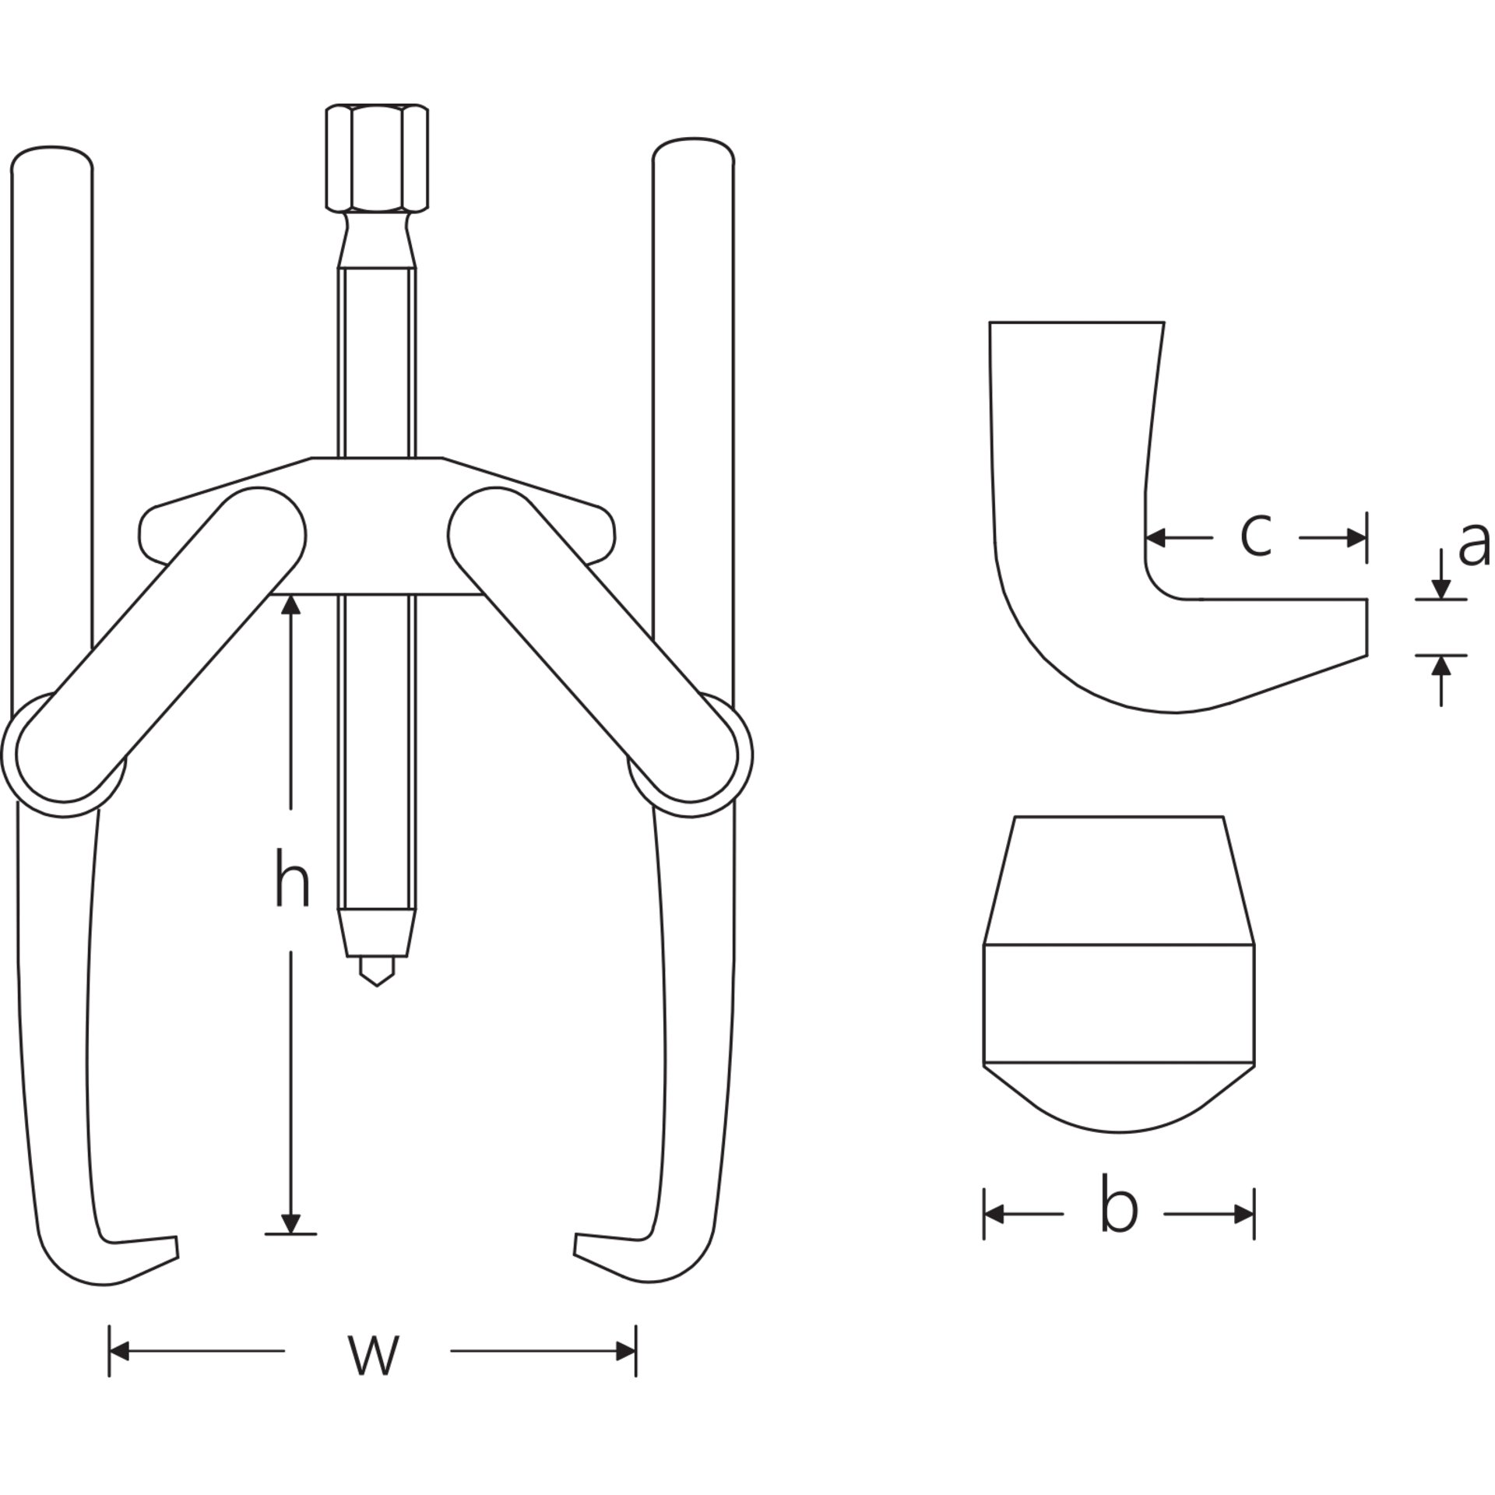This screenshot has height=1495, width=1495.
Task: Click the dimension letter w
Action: tap(374, 1354)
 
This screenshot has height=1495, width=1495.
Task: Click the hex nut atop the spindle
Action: tap(377, 158)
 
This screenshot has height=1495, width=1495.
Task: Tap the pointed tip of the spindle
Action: tap(377, 984)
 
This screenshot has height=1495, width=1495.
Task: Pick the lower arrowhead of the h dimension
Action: tap(290, 1223)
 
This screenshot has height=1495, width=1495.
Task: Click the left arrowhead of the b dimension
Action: tap(994, 1214)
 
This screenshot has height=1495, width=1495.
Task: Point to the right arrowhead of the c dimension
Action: tap(1356, 537)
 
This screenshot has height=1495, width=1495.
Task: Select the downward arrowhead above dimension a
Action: tap(1441, 589)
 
